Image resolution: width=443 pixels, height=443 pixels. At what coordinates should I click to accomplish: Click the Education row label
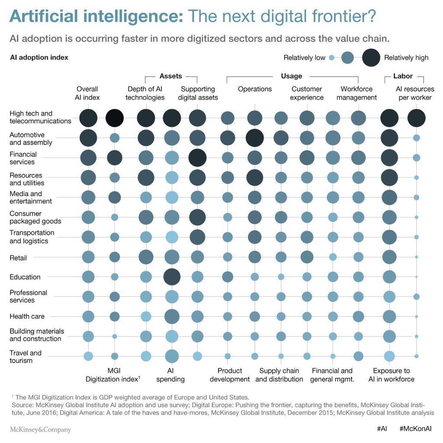click(x=25, y=277)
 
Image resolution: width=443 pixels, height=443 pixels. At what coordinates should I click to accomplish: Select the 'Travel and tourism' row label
click(x=26, y=356)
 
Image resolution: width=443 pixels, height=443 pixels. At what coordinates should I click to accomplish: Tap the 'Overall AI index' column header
click(x=87, y=93)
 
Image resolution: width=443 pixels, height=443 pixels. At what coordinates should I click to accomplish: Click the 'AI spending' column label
click(x=172, y=375)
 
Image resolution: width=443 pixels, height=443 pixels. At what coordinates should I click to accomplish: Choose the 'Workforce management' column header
click(x=356, y=93)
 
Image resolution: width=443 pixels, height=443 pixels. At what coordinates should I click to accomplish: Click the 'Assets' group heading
click(x=171, y=76)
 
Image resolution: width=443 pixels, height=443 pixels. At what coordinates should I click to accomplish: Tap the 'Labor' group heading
click(x=403, y=76)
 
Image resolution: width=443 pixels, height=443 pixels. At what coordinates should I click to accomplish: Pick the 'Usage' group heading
click(x=292, y=76)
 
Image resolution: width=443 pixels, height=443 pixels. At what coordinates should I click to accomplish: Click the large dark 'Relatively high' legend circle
click(x=371, y=58)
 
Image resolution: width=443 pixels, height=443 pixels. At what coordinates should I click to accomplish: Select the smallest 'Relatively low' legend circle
click(x=331, y=58)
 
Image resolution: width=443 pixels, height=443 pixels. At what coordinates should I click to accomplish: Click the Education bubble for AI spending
click(x=172, y=277)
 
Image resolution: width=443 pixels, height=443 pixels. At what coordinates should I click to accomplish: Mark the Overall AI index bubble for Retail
click(x=88, y=257)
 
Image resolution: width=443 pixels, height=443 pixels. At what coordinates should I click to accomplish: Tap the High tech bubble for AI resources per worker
click(x=417, y=118)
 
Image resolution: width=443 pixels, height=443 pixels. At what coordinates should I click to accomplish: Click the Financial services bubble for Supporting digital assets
click(x=198, y=157)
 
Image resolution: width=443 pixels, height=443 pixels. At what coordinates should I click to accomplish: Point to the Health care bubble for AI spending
click(x=172, y=317)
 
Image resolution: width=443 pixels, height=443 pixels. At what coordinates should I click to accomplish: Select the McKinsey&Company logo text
click(x=40, y=430)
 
